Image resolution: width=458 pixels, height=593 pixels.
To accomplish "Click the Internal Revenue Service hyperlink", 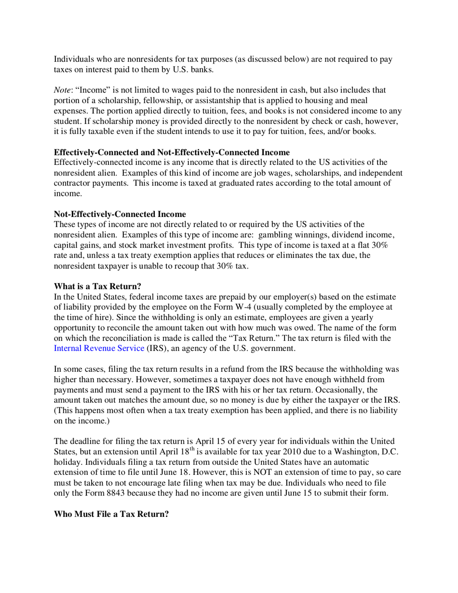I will point(99,348).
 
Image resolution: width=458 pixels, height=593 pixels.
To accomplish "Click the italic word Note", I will point(61,90).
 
